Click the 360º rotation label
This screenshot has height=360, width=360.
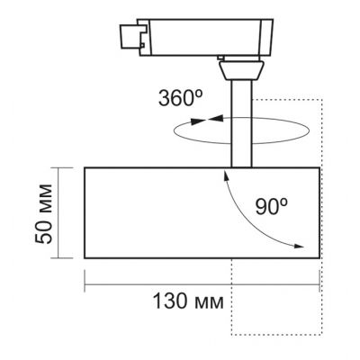181,97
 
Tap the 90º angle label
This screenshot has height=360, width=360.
270,205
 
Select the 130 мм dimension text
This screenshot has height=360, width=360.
184,300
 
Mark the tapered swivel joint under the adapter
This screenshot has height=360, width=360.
240,69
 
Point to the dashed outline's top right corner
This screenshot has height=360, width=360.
320,96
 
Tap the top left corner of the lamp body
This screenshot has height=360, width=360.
85,167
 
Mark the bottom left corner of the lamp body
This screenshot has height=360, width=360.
85,259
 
